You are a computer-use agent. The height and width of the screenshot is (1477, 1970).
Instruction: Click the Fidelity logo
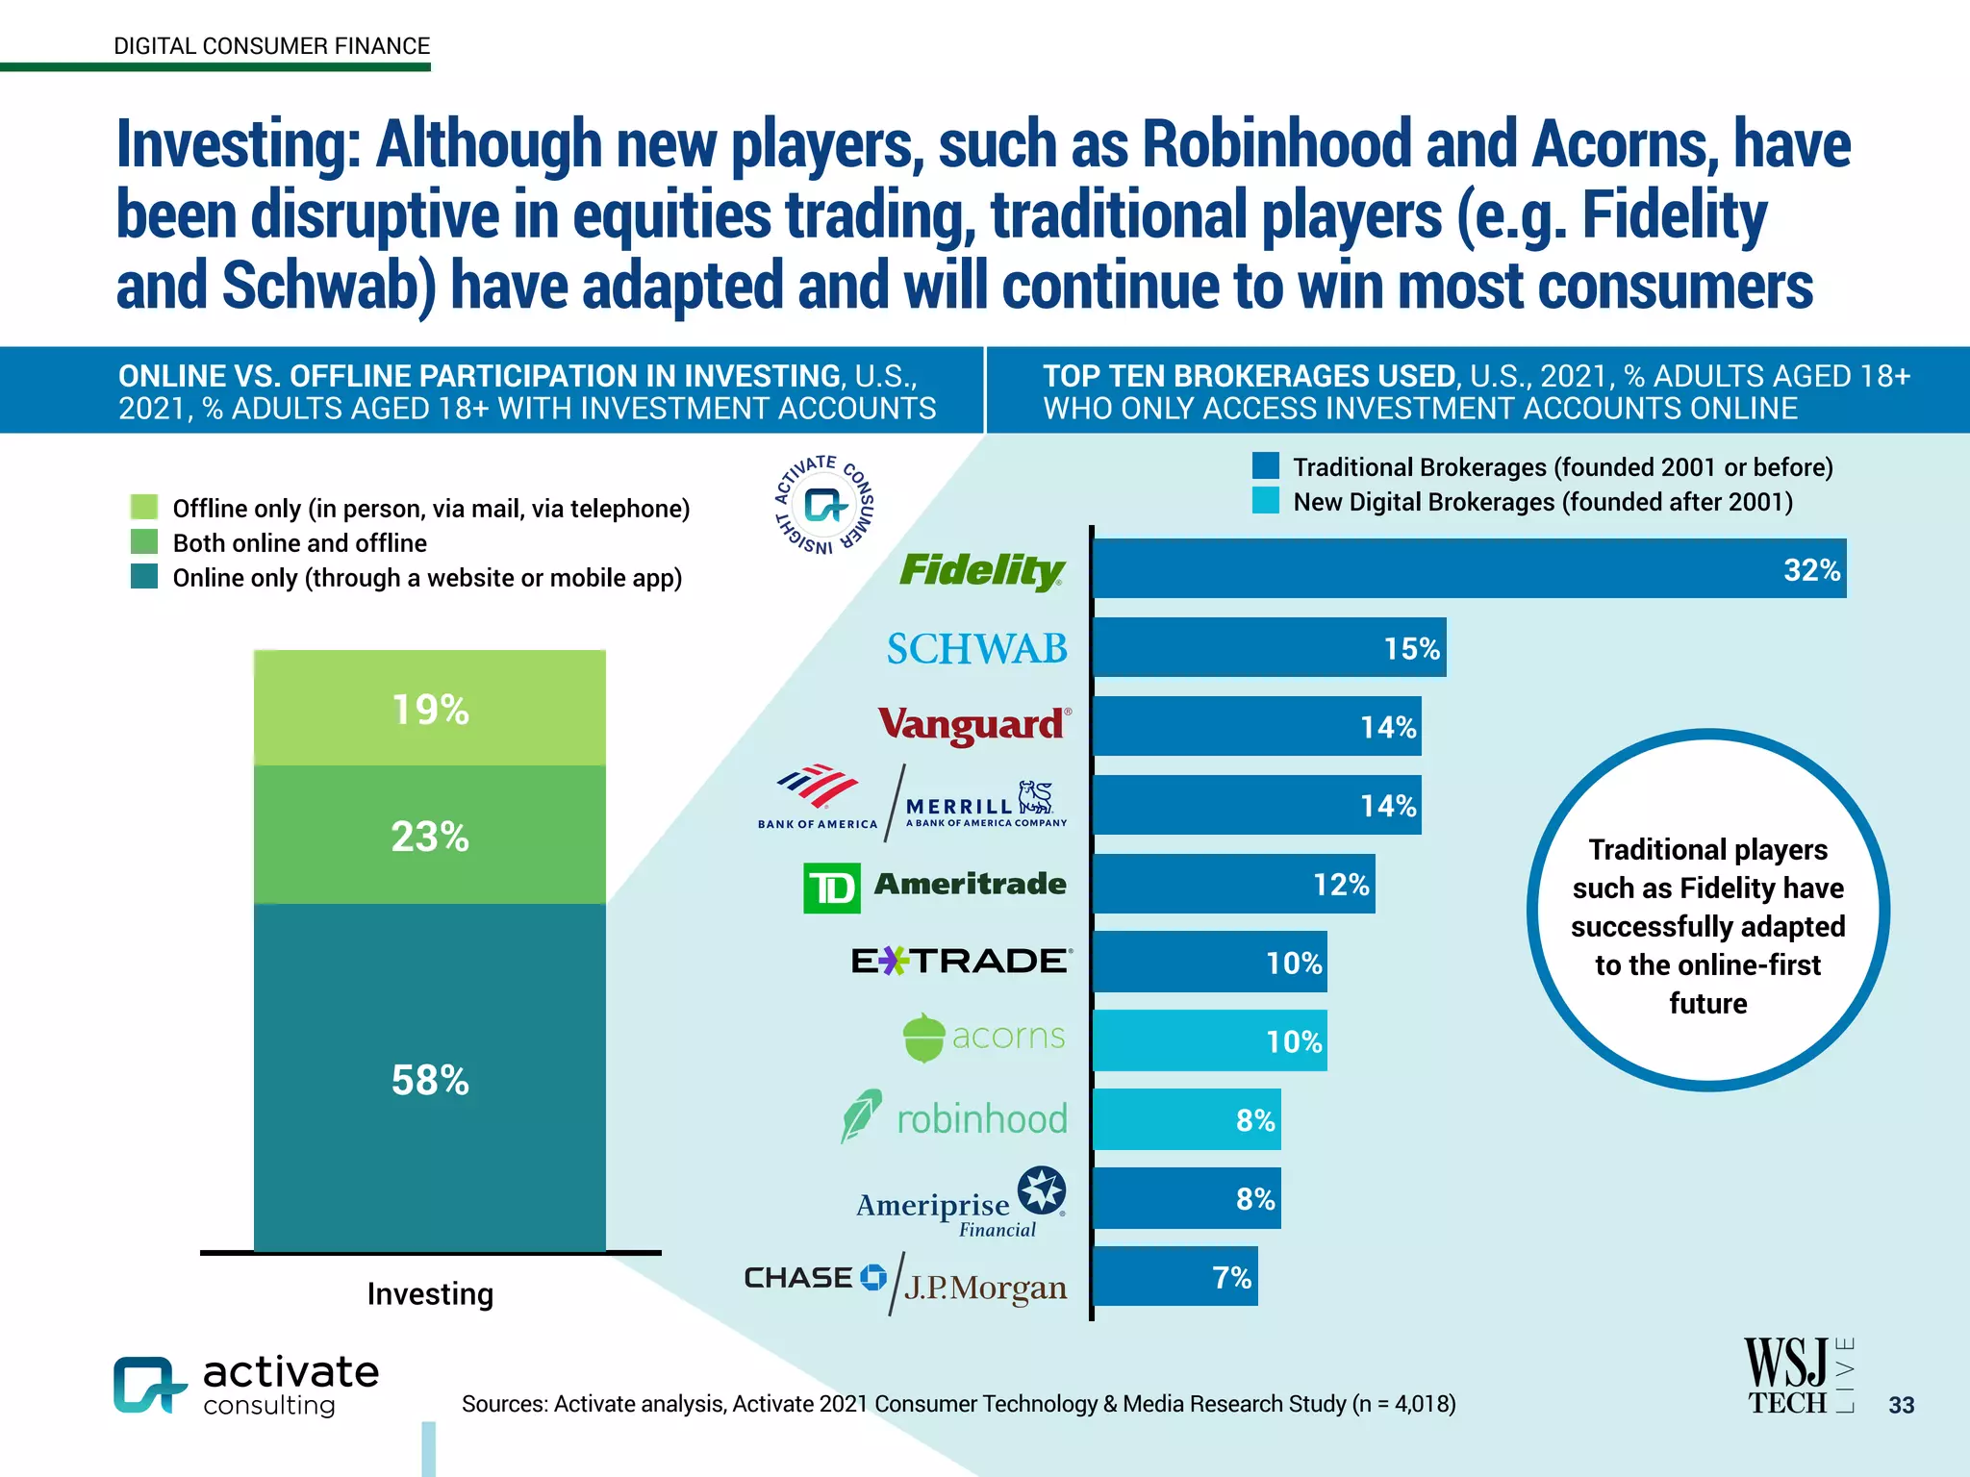point(981,569)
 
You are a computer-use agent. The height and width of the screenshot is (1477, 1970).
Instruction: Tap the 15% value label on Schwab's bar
point(1411,649)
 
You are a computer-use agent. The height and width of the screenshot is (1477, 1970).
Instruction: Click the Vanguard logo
point(973,725)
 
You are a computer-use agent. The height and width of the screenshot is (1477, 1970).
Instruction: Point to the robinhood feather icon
point(860,1115)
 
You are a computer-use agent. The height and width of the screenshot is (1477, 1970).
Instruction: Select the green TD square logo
point(831,888)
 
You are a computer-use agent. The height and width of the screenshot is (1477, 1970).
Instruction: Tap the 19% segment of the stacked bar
point(429,709)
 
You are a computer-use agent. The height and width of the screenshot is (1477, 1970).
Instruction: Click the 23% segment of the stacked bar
point(429,835)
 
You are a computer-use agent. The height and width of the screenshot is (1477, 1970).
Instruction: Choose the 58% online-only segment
point(429,1079)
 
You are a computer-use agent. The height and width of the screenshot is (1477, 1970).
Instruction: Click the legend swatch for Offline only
point(144,507)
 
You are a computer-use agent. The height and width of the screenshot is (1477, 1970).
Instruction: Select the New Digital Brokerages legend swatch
point(1265,501)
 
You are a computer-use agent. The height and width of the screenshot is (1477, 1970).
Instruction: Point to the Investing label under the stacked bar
point(430,1294)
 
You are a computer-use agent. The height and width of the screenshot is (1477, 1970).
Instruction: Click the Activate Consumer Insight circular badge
point(824,505)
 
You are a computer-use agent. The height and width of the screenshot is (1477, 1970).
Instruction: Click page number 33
point(1901,1405)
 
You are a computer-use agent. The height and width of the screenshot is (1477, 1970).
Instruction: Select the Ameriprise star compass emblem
point(1041,1190)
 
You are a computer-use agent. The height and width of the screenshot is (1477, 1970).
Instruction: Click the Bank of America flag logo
point(818,787)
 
